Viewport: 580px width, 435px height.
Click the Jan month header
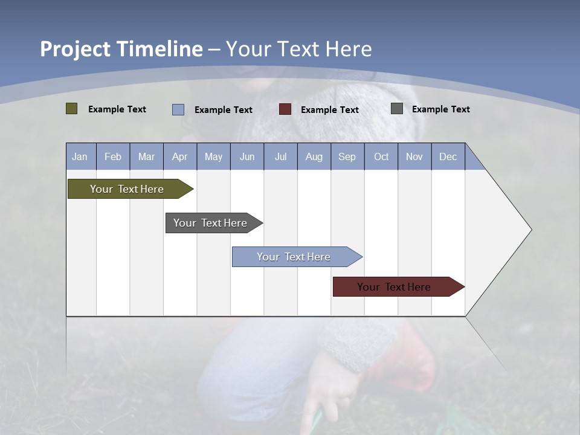80,157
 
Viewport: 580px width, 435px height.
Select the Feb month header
113,157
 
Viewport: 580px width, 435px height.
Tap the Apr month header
179,157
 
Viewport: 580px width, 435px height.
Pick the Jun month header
247,157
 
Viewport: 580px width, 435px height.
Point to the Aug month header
314,157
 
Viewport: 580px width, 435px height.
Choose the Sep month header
347,157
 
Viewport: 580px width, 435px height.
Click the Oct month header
381,157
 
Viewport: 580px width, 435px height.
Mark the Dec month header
448,157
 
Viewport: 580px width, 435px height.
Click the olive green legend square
71,109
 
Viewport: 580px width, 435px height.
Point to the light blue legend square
178,109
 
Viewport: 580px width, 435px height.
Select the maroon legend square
285,109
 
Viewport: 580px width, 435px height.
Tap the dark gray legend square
397,109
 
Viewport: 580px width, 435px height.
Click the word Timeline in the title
159,49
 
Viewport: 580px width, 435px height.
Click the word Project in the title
75,49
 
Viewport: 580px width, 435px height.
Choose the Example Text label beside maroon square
330,110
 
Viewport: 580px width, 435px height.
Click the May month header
213,157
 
